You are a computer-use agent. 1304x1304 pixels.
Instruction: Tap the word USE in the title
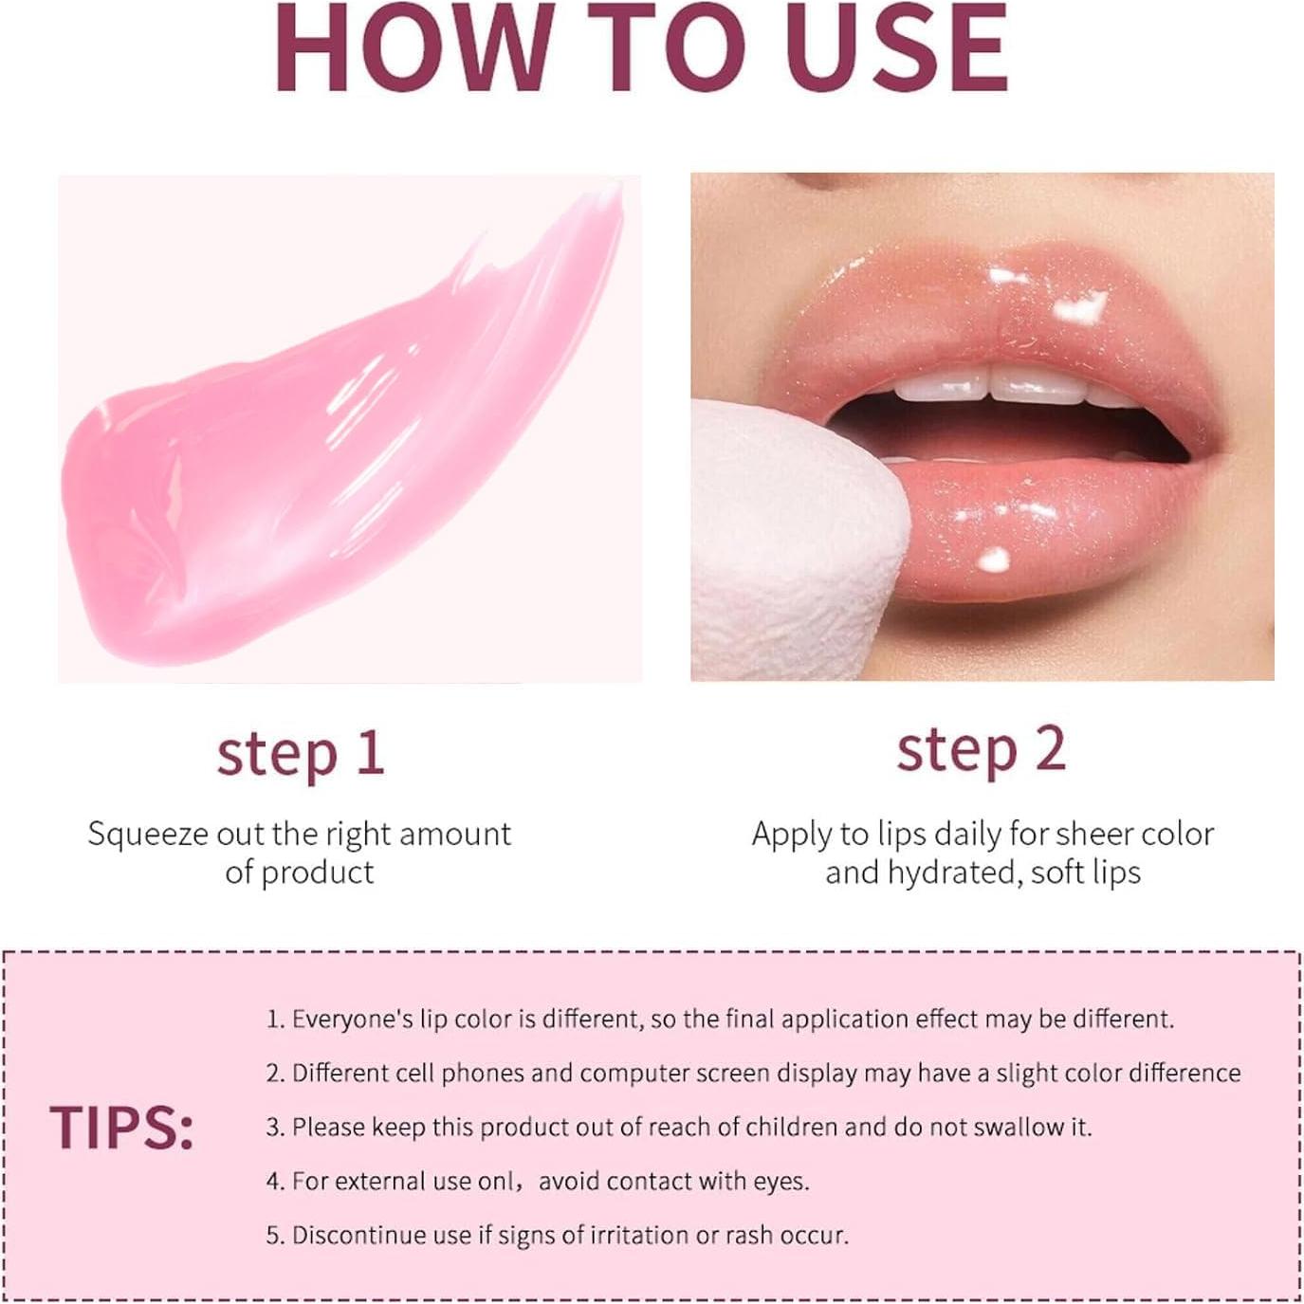tap(896, 47)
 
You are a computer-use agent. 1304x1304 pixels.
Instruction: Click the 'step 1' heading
tap(301, 754)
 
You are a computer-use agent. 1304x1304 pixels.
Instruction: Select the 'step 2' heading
tap(982, 750)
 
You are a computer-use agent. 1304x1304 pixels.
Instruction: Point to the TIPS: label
tap(121, 1128)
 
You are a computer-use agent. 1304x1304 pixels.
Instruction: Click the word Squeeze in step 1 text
tap(148, 835)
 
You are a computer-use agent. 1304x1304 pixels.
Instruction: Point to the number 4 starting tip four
tap(274, 1182)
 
